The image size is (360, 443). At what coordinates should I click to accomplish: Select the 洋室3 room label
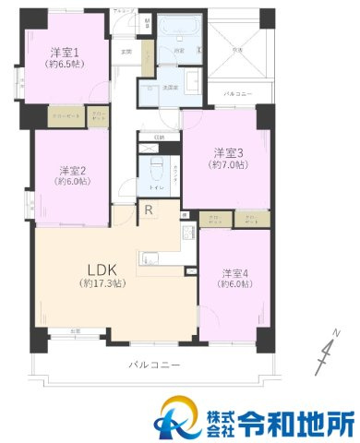tap(228, 152)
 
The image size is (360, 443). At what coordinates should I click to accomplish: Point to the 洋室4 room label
tap(235, 273)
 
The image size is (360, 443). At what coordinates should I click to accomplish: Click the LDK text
tap(101, 269)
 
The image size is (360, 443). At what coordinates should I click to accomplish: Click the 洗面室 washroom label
tap(169, 88)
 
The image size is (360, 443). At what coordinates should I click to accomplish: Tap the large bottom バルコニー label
tap(154, 366)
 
